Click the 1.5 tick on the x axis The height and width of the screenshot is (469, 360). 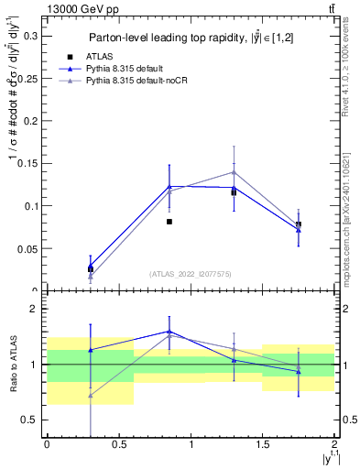point(262,445)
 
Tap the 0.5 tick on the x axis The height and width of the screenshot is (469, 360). point(118,445)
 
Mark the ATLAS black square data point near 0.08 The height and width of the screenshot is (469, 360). point(169,222)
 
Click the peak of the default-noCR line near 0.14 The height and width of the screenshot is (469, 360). point(234,172)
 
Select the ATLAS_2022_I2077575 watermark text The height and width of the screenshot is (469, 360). point(190,274)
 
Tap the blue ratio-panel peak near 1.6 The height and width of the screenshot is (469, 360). point(169,332)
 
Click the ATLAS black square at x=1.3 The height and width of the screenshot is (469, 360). point(234,193)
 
